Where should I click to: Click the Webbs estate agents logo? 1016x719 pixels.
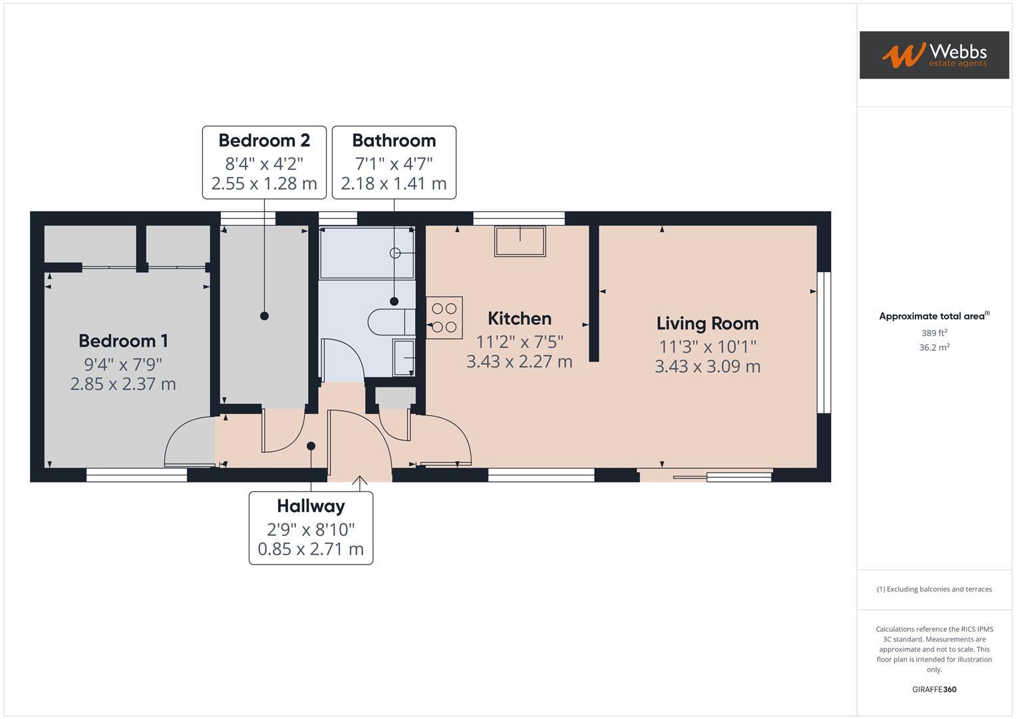[x=933, y=55]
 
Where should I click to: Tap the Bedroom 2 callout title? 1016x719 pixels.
[x=264, y=140]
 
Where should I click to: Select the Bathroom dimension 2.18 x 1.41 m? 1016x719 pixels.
[x=393, y=183]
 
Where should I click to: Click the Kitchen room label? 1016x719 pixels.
[x=519, y=318]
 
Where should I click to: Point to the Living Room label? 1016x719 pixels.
[x=707, y=324]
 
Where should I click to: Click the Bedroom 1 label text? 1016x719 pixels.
[x=123, y=341]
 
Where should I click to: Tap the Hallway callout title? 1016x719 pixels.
[x=311, y=506]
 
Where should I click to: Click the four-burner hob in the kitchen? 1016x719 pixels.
[x=444, y=318]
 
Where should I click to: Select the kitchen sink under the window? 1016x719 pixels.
[x=520, y=240]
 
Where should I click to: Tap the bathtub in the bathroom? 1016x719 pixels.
[x=366, y=254]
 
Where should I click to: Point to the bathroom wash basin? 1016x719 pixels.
[x=403, y=358]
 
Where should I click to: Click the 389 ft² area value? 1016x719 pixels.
[x=933, y=333]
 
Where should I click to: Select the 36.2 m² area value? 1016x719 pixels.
[x=933, y=348]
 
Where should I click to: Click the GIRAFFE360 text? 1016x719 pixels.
[x=933, y=689]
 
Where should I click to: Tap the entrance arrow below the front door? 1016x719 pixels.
[x=360, y=481]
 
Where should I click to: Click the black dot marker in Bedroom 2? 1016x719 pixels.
[x=264, y=316]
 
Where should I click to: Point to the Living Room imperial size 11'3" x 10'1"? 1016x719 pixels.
[x=707, y=347]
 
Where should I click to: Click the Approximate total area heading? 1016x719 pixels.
[x=933, y=316]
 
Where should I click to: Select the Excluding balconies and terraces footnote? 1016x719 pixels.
[x=933, y=589]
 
